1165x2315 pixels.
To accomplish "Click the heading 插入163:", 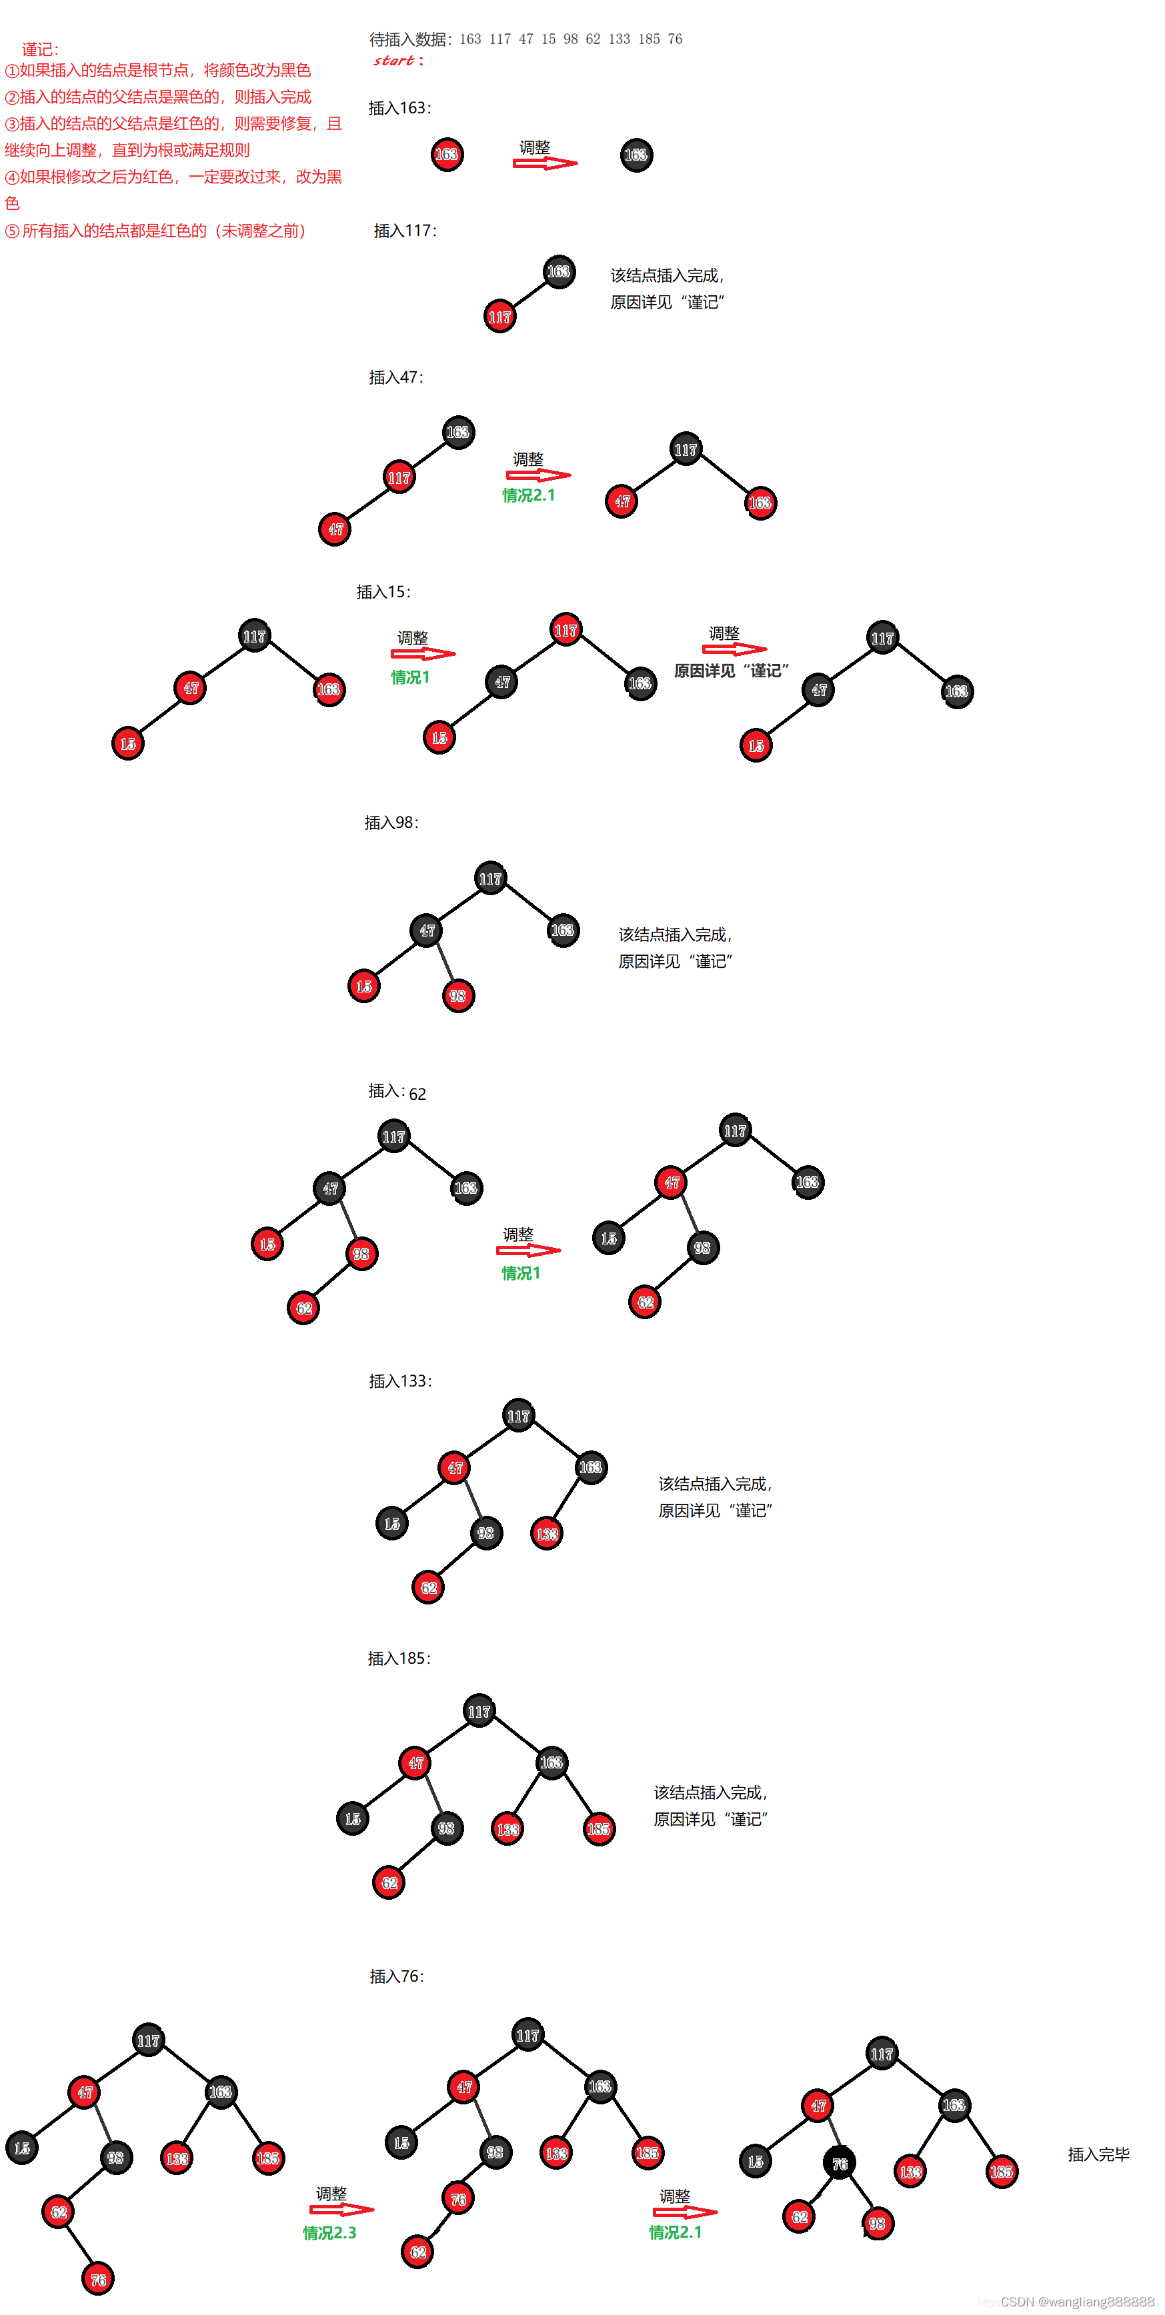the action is (400, 108).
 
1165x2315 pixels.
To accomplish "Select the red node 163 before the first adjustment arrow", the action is (447, 155).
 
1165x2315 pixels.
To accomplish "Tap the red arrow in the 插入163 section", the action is (545, 163).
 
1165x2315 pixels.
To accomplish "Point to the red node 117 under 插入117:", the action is (499, 317).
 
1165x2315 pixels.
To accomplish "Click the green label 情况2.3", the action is (329, 2233).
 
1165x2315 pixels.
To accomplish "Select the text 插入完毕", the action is (1098, 2154).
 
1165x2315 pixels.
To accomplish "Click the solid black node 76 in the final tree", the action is (840, 2164).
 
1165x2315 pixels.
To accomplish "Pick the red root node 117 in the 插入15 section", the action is (565, 630).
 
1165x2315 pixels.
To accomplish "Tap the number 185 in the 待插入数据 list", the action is (649, 39).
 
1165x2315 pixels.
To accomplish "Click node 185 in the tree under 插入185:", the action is (599, 1829).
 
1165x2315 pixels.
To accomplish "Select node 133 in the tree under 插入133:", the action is (547, 1533).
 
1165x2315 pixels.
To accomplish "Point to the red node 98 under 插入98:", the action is (458, 996).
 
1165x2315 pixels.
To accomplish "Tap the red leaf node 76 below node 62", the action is (98, 2279).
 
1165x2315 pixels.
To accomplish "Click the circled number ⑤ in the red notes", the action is (12, 231).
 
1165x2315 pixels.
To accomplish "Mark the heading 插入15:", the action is (383, 592).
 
